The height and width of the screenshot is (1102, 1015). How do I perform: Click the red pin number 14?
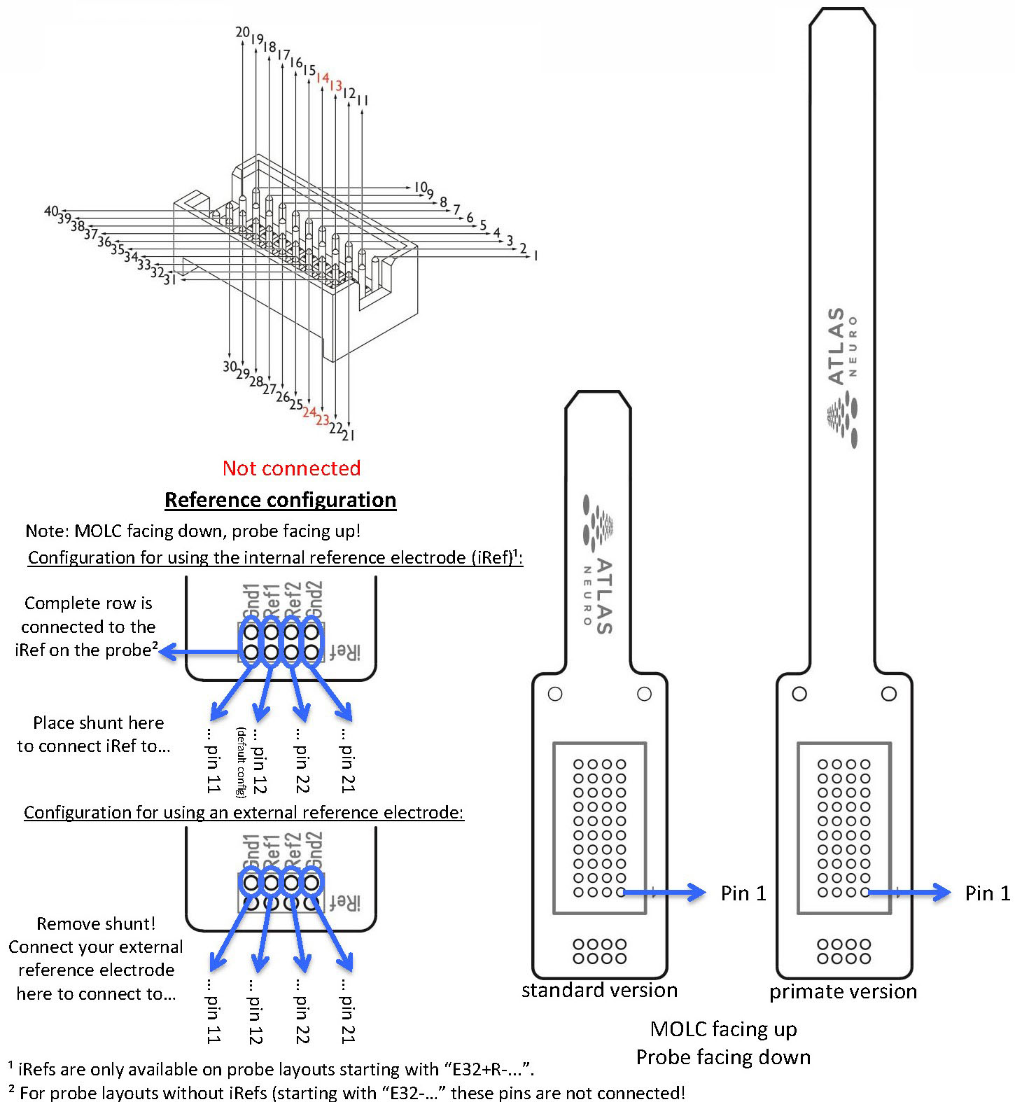pyautogui.click(x=323, y=78)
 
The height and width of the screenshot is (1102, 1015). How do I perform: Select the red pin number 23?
pyautogui.click(x=322, y=420)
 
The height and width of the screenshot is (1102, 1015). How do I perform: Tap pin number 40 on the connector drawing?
pyautogui.click(x=51, y=211)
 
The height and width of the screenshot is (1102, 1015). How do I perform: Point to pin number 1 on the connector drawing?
pyautogui.click(x=535, y=256)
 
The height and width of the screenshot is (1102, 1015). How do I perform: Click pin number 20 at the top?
pyautogui.click(x=242, y=32)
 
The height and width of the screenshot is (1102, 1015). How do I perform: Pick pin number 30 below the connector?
pyautogui.click(x=230, y=366)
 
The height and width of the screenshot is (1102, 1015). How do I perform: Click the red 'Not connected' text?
pyautogui.click(x=291, y=468)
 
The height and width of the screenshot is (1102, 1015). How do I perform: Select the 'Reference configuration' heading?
pyautogui.click(x=280, y=500)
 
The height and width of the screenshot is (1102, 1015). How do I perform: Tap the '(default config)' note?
pyautogui.click(x=240, y=762)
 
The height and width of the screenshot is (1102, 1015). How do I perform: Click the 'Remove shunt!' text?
pyautogui.click(x=96, y=923)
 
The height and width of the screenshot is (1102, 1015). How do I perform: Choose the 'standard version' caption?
pyautogui.click(x=599, y=990)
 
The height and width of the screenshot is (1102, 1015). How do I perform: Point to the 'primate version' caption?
pyautogui.click(x=843, y=991)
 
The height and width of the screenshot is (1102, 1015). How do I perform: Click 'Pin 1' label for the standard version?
pyautogui.click(x=743, y=893)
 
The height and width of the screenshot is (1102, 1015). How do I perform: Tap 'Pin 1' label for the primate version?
pyautogui.click(x=987, y=893)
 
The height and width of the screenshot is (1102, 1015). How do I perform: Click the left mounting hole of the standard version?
pyautogui.click(x=555, y=694)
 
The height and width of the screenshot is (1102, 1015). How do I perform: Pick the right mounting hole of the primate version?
pyautogui.click(x=888, y=694)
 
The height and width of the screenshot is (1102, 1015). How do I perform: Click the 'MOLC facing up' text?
pyautogui.click(x=723, y=1029)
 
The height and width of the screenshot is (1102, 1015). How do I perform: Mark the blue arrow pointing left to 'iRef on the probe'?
pyautogui.click(x=199, y=653)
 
